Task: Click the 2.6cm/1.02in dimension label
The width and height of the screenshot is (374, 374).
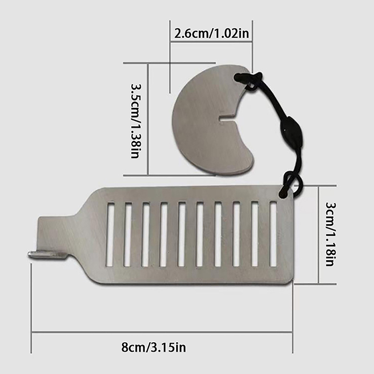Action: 212,33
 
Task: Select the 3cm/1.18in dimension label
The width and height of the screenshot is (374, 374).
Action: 331,234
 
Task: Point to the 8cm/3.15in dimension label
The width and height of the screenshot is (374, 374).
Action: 153,347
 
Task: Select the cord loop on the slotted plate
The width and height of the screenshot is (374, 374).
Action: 290,185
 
